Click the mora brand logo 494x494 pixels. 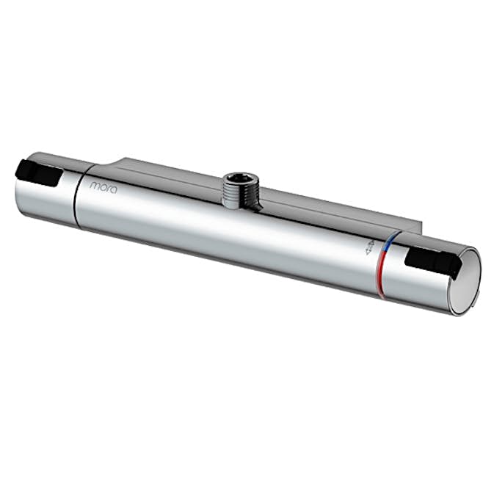103,186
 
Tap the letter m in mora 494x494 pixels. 94,186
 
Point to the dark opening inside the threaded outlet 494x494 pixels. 239,178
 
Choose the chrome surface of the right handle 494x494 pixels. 422,286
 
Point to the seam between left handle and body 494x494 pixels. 76,192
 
